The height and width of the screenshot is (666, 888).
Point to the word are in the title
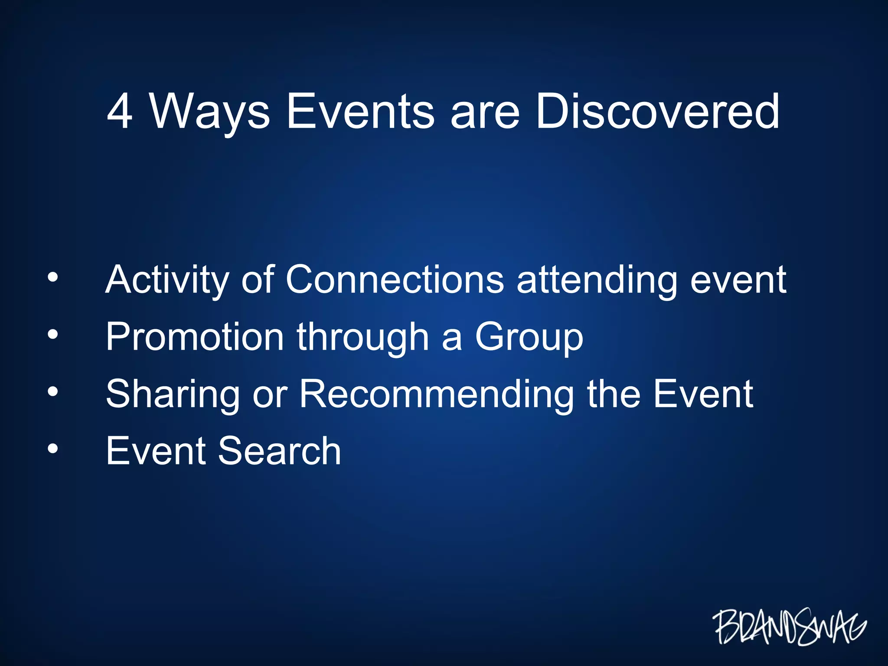(485, 114)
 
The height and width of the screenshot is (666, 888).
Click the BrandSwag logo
(789, 627)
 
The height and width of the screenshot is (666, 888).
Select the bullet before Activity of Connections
(52, 277)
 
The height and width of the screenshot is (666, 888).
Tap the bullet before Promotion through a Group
(52, 334)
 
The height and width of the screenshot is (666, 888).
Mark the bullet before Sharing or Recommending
(52, 392)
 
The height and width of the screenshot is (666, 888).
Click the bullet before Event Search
(52, 449)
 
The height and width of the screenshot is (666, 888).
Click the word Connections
(395, 280)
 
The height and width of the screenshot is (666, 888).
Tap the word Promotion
(195, 337)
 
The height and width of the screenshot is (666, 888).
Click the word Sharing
(173, 395)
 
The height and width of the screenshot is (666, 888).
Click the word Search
(279, 451)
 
